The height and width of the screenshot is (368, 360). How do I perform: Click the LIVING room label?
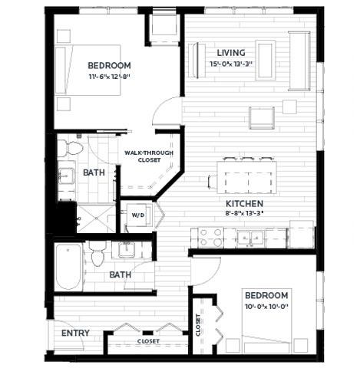[230, 52]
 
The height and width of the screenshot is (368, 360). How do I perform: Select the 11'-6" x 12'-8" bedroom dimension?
[108, 76]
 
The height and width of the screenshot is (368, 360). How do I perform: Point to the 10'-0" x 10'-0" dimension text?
[266, 306]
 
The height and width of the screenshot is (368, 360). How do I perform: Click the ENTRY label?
[75, 333]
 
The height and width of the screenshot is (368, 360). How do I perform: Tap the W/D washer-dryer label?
[139, 214]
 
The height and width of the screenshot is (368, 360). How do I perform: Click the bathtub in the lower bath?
[68, 267]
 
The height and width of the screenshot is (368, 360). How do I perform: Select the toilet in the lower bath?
[97, 254]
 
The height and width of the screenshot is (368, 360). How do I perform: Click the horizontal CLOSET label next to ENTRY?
[148, 340]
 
